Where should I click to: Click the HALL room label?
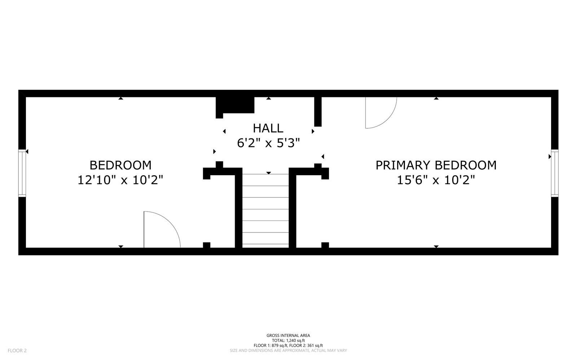(268, 128)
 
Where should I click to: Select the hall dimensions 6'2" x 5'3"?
(268, 143)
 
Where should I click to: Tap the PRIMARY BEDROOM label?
(436, 165)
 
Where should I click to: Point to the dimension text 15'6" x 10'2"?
(436, 180)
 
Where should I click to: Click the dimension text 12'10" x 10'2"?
(120, 180)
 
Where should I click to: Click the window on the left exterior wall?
(22, 173)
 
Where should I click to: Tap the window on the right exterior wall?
(555, 173)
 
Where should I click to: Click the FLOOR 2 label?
(17, 351)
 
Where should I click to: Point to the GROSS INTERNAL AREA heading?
(288, 335)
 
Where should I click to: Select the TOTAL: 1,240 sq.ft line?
(288, 341)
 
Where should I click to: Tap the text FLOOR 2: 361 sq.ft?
(306, 346)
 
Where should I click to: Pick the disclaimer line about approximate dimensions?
(288, 351)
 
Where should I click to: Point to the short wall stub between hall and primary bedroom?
(318, 112)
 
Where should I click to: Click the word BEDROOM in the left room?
(120, 165)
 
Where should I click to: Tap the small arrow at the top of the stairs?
(269, 173)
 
